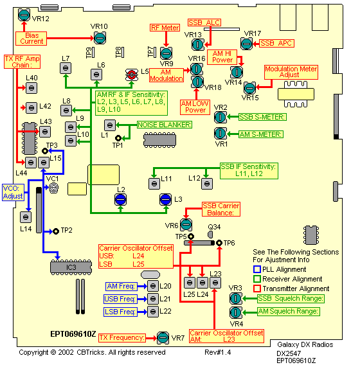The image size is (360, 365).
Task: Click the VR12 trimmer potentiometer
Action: [24, 15]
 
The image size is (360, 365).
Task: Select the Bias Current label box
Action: [31, 39]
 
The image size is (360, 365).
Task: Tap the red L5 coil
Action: [132, 75]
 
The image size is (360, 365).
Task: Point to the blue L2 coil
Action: [121, 199]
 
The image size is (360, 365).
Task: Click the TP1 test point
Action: [118, 138]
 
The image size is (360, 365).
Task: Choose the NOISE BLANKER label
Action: [165, 125]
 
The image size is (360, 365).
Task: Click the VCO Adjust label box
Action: [13, 192]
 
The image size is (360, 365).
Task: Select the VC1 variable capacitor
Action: [53, 188]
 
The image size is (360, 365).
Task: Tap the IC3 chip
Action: [71, 267]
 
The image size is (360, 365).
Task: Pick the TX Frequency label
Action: [122, 337]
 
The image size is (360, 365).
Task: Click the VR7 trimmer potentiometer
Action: [163, 337]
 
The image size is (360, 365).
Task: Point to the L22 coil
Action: [153, 312]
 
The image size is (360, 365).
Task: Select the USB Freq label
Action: [120, 299]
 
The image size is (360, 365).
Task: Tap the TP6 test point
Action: [219, 243]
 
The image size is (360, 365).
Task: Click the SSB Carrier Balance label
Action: [221, 209]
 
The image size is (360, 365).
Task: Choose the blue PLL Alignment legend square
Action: [257, 269]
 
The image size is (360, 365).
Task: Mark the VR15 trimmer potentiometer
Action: [250, 88]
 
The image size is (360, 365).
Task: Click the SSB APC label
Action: [276, 43]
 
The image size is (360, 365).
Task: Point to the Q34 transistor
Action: [210, 234]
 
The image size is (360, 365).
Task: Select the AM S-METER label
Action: [261, 134]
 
